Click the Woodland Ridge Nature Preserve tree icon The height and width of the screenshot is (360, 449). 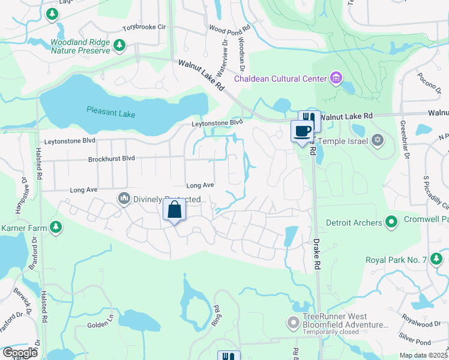click(119, 45)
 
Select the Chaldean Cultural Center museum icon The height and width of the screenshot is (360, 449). click(335, 78)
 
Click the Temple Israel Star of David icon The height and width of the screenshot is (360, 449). click(377, 140)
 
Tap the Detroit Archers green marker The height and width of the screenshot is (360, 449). click(391, 223)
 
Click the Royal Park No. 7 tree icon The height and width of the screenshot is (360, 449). click(437, 259)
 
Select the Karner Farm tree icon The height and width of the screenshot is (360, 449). click(55, 227)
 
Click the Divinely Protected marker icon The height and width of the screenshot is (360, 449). click(124, 198)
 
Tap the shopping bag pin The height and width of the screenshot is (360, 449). click(174, 211)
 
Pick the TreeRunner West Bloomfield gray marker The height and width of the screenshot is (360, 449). click(293, 323)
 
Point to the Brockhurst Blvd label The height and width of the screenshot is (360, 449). click(111, 158)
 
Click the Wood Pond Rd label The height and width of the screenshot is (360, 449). click(229, 28)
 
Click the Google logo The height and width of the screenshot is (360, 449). click(20, 353)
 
